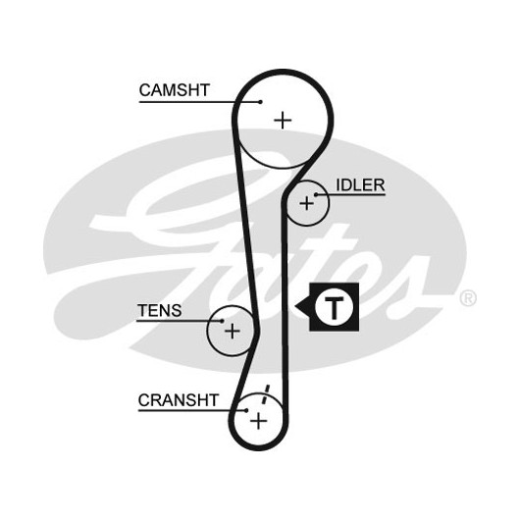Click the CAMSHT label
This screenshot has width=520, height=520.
[174, 90]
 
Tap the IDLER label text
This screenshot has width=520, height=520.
[360, 185]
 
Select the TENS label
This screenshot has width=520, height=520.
[160, 311]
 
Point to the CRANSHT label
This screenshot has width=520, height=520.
[179, 400]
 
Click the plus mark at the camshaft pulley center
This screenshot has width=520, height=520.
[283, 120]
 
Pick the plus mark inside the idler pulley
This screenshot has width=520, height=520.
[306, 203]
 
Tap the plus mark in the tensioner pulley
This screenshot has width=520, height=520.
[233, 331]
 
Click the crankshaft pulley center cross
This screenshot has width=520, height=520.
[259, 422]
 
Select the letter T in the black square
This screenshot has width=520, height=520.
[334, 307]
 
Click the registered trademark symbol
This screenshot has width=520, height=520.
[468, 298]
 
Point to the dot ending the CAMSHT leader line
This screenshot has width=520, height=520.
[261, 102]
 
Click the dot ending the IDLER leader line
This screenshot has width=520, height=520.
[316, 194]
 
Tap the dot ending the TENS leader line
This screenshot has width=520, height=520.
[222, 321]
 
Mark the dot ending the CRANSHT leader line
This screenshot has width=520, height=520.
[246, 410]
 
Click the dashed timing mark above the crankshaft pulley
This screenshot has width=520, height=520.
[266, 394]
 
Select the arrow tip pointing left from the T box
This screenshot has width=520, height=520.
[295, 306]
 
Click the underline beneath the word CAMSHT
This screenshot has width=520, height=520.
[199, 102]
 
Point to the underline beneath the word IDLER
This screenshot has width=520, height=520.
[350, 194]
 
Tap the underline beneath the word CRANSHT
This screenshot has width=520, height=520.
[192, 410]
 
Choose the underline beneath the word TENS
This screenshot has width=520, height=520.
[180, 321]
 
